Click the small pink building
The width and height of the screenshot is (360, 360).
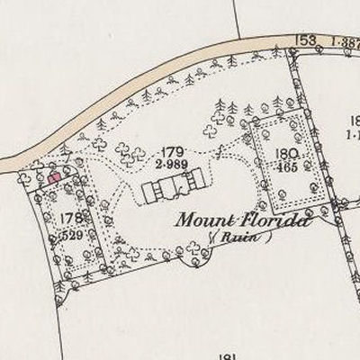coord(54,177)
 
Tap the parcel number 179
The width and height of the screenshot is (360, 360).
coord(174,150)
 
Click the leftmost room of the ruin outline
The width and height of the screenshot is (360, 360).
coord(148,192)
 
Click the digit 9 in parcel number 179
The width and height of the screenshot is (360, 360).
coord(183,150)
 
